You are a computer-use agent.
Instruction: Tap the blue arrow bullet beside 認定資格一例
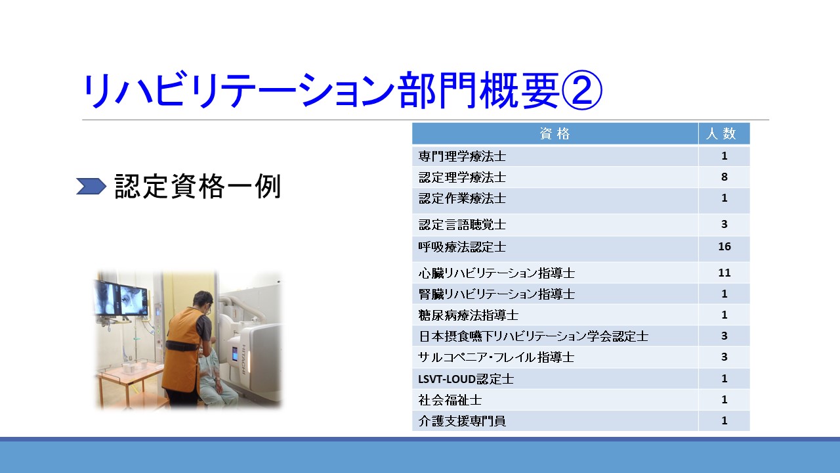91,186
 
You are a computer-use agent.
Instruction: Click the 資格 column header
555,133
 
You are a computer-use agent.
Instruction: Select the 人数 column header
721,133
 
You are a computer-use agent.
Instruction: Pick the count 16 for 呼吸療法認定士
724,246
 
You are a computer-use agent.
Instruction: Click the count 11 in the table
724,273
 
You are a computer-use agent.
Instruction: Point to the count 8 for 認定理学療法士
724,177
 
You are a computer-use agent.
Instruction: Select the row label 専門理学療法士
462,156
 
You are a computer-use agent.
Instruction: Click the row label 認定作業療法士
462,198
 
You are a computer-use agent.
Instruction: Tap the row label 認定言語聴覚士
462,225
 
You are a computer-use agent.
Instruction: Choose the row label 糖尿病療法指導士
469,315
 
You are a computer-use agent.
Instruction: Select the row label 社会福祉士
450,400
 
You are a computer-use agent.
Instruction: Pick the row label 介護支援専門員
462,421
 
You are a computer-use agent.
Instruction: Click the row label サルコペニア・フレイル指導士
496,357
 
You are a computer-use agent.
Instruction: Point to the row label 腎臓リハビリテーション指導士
497,294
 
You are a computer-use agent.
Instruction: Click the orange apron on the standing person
182,349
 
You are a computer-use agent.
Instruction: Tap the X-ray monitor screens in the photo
121,298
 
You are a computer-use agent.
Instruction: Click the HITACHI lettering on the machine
243,359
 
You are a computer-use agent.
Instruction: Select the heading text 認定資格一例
198,186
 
